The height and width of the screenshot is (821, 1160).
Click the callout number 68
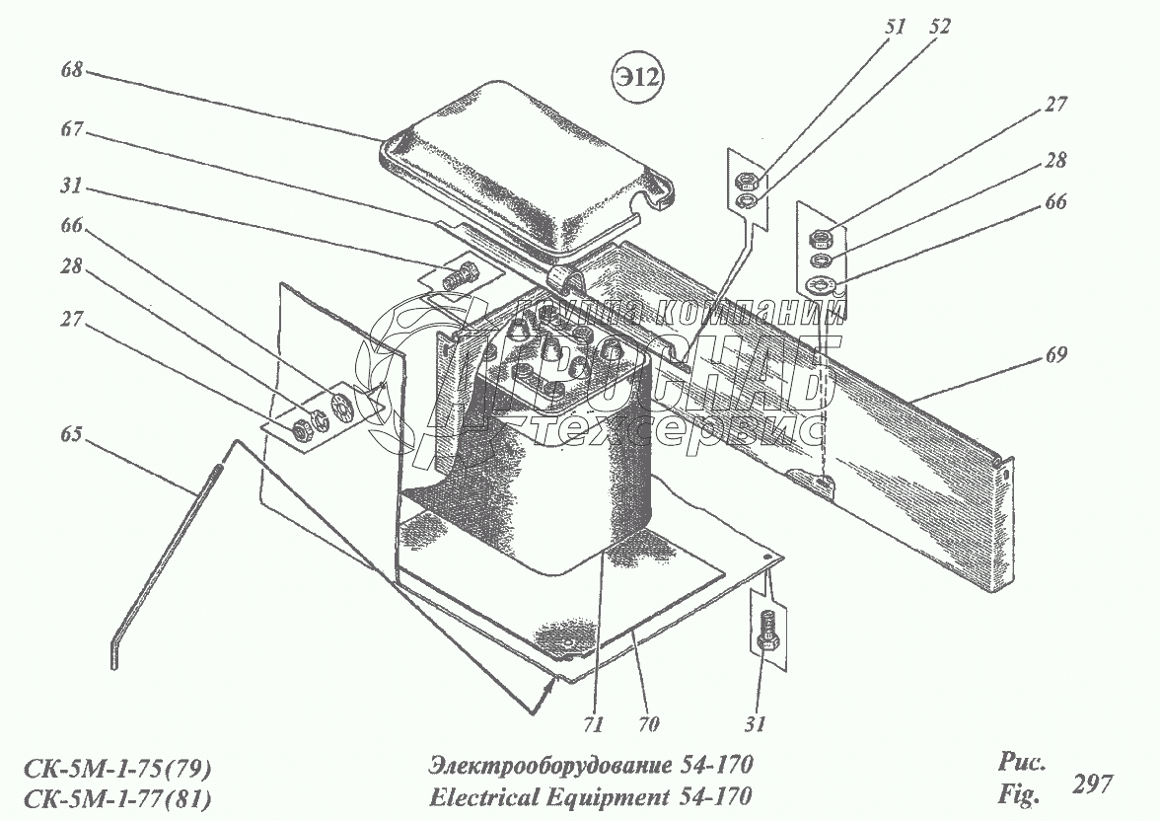pyautogui.click(x=72, y=71)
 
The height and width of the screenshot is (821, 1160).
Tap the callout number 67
pyautogui.click(x=72, y=130)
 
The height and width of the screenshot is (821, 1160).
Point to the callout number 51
pyautogui.click(x=895, y=28)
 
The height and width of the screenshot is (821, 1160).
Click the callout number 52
pyautogui.click(x=939, y=28)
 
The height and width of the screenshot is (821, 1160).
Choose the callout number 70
pyautogui.click(x=647, y=723)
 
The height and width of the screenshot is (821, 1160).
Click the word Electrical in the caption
pyautogui.click(x=476, y=795)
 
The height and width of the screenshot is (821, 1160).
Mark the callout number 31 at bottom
pyautogui.click(x=755, y=723)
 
